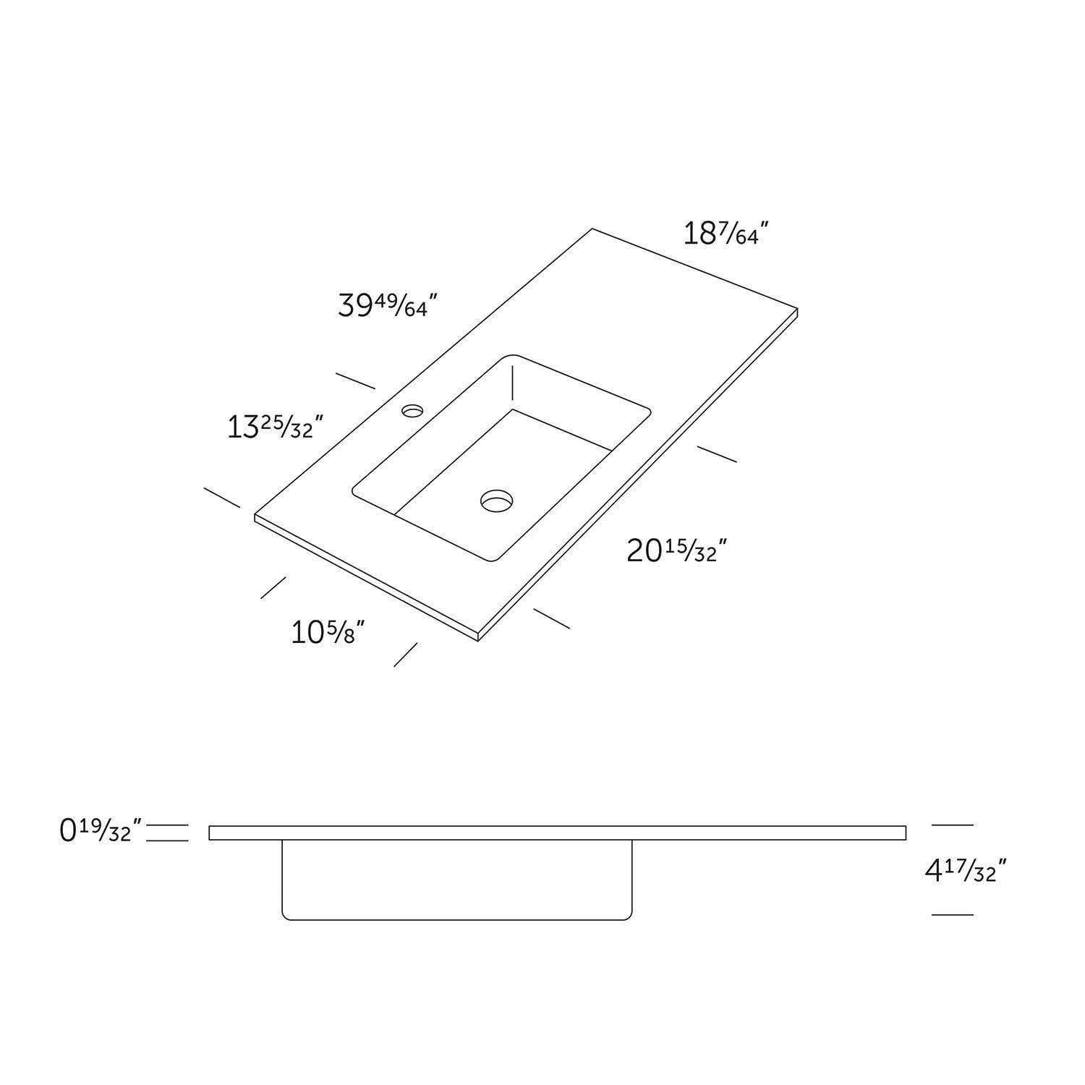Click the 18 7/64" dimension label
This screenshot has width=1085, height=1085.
(x=726, y=234)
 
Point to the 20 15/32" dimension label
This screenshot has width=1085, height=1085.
(x=676, y=551)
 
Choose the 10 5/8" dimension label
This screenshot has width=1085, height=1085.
(x=327, y=633)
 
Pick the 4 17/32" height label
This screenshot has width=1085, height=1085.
(x=966, y=870)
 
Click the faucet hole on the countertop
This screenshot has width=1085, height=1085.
(x=413, y=411)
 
